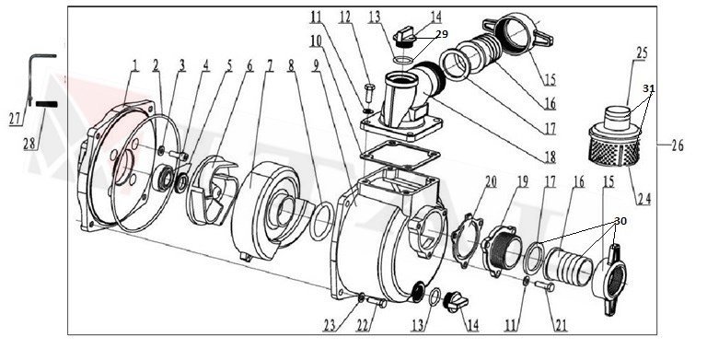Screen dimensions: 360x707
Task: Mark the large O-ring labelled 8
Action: point(319,222)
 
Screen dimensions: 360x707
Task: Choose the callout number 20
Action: point(491,180)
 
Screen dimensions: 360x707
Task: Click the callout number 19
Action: point(521,180)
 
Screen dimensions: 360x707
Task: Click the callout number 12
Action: point(346,17)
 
